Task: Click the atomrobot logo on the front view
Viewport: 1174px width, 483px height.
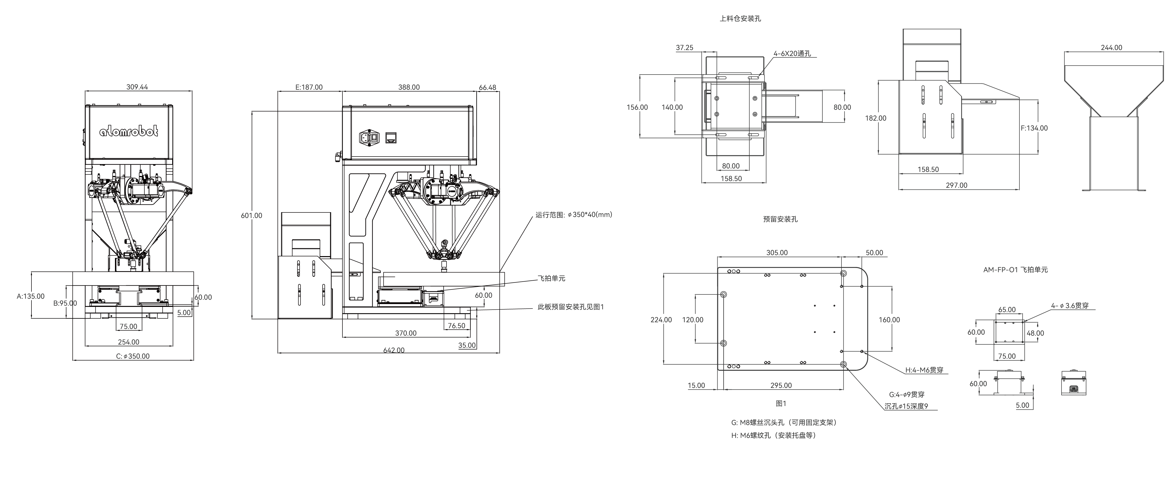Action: coord(129,132)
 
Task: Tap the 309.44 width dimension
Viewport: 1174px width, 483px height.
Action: coord(137,87)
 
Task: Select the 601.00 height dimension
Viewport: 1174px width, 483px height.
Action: coord(252,215)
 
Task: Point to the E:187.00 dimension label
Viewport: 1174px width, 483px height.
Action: coord(309,87)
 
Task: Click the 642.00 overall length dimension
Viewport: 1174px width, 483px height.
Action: coord(394,350)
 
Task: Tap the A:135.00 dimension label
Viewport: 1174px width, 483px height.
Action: coord(31,296)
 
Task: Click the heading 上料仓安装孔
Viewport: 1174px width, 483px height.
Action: coord(740,19)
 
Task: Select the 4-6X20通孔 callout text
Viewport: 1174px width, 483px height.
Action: coord(792,53)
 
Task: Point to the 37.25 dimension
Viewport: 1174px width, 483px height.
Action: coord(685,47)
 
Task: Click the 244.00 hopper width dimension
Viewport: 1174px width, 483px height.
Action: coord(1112,47)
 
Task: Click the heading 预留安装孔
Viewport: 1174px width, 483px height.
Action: coord(780,219)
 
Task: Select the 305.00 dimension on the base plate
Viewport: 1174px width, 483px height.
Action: coord(777,252)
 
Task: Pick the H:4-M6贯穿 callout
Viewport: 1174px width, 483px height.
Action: coord(924,370)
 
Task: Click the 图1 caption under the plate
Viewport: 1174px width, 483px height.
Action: coord(781,403)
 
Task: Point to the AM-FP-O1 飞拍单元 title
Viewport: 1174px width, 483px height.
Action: coord(1015,270)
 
